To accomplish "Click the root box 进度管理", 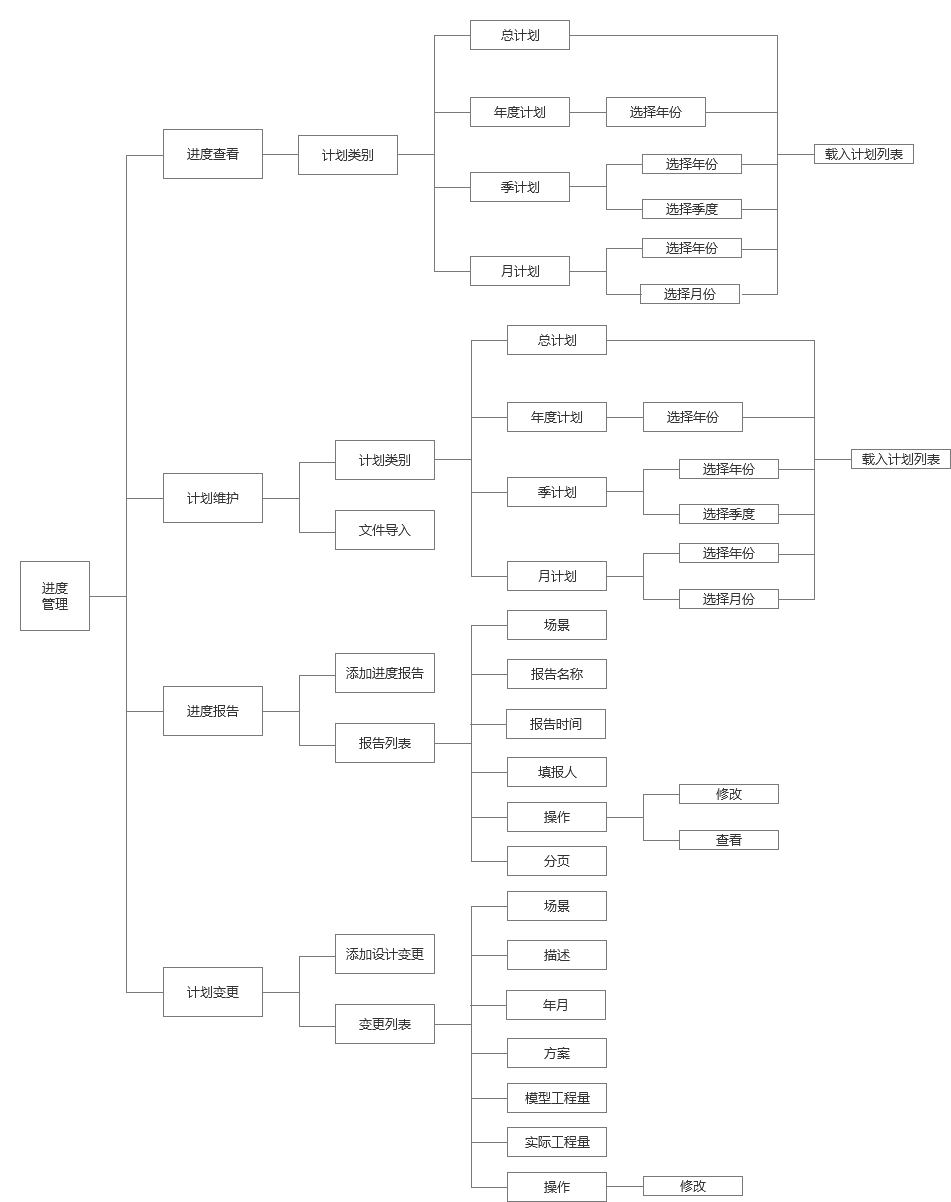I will coord(55,596).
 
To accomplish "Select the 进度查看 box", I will coord(213,154).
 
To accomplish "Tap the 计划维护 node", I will coord(213,498).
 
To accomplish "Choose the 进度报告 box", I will coord(213,711).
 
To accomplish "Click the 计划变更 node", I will coord(213,992).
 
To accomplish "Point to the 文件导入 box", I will coord(385,530).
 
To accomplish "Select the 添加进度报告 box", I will coord(385,673).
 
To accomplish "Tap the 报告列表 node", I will coord(385,743).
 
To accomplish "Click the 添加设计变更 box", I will coord(385,954).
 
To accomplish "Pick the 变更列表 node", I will coord(385,1024).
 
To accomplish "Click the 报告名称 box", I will coord(557,674).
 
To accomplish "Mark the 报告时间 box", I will coord(556,724).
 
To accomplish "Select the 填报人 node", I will coord(557,772).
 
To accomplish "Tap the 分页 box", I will coord(557,861).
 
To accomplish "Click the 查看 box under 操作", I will coord(729,840).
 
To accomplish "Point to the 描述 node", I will coord(557,955).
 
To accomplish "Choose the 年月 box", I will coord(556,1005).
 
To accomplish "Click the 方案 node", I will coord(557,1053).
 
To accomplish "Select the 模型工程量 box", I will coord(557,1098).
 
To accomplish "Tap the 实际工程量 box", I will coord(557,1142).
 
